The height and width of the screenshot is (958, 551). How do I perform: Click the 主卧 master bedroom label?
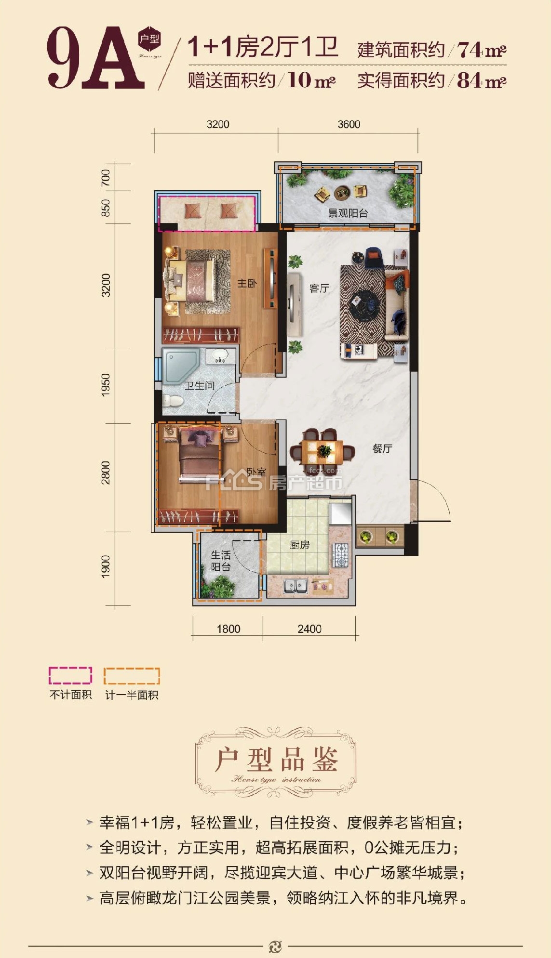click(x=247, y=283)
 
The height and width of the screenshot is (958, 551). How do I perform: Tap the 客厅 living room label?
click(x=319, y=288)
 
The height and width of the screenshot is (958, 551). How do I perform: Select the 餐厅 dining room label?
click(x=382, y=448)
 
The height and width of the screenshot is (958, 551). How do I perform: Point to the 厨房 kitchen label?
click(x=299, y=545)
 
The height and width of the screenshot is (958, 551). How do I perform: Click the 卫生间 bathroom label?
click(x=200, y=385)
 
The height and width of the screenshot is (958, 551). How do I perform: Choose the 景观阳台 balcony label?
click(x=348, y=213)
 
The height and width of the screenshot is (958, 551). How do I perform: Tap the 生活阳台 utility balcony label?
click(x=221, y=561)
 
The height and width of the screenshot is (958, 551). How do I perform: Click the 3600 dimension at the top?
click(x=349, y=124)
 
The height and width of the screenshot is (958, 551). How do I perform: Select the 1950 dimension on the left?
click(x=106, y=385)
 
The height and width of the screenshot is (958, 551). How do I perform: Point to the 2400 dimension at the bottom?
click(x=309, y=629)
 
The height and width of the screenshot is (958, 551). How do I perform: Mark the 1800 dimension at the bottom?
click(x=228, y=629)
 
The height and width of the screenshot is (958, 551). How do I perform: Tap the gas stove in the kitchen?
click(x=340, y=554)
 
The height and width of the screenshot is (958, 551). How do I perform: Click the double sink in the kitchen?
click(x=296, y=586)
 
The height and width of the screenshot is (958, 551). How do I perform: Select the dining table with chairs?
click(x=323, y=452)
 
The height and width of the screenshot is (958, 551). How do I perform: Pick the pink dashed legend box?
click(x=70, y=675)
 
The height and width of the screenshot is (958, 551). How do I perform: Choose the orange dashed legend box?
click(x=132, y=676)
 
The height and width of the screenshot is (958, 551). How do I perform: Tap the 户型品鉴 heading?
click(x=276, y=760)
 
